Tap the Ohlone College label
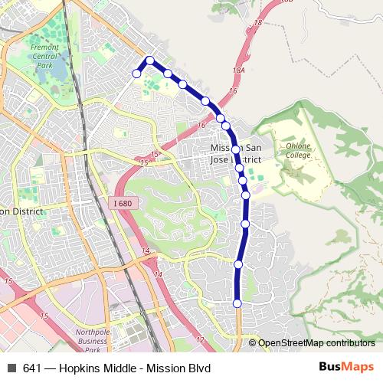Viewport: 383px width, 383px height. point(298,150)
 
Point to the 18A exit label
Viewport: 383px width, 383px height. point(238,70)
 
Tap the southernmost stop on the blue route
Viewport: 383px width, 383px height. point(237,304)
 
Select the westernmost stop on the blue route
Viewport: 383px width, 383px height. point(137,74)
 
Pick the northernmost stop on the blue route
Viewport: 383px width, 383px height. point(150,61)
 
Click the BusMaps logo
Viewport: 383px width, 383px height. point(346,367)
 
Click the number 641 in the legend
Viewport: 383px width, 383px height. point(32,368)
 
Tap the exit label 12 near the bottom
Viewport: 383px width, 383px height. point(200,339)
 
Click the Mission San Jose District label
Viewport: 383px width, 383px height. point(236,153)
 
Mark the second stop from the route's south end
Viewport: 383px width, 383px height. point(238,265)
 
